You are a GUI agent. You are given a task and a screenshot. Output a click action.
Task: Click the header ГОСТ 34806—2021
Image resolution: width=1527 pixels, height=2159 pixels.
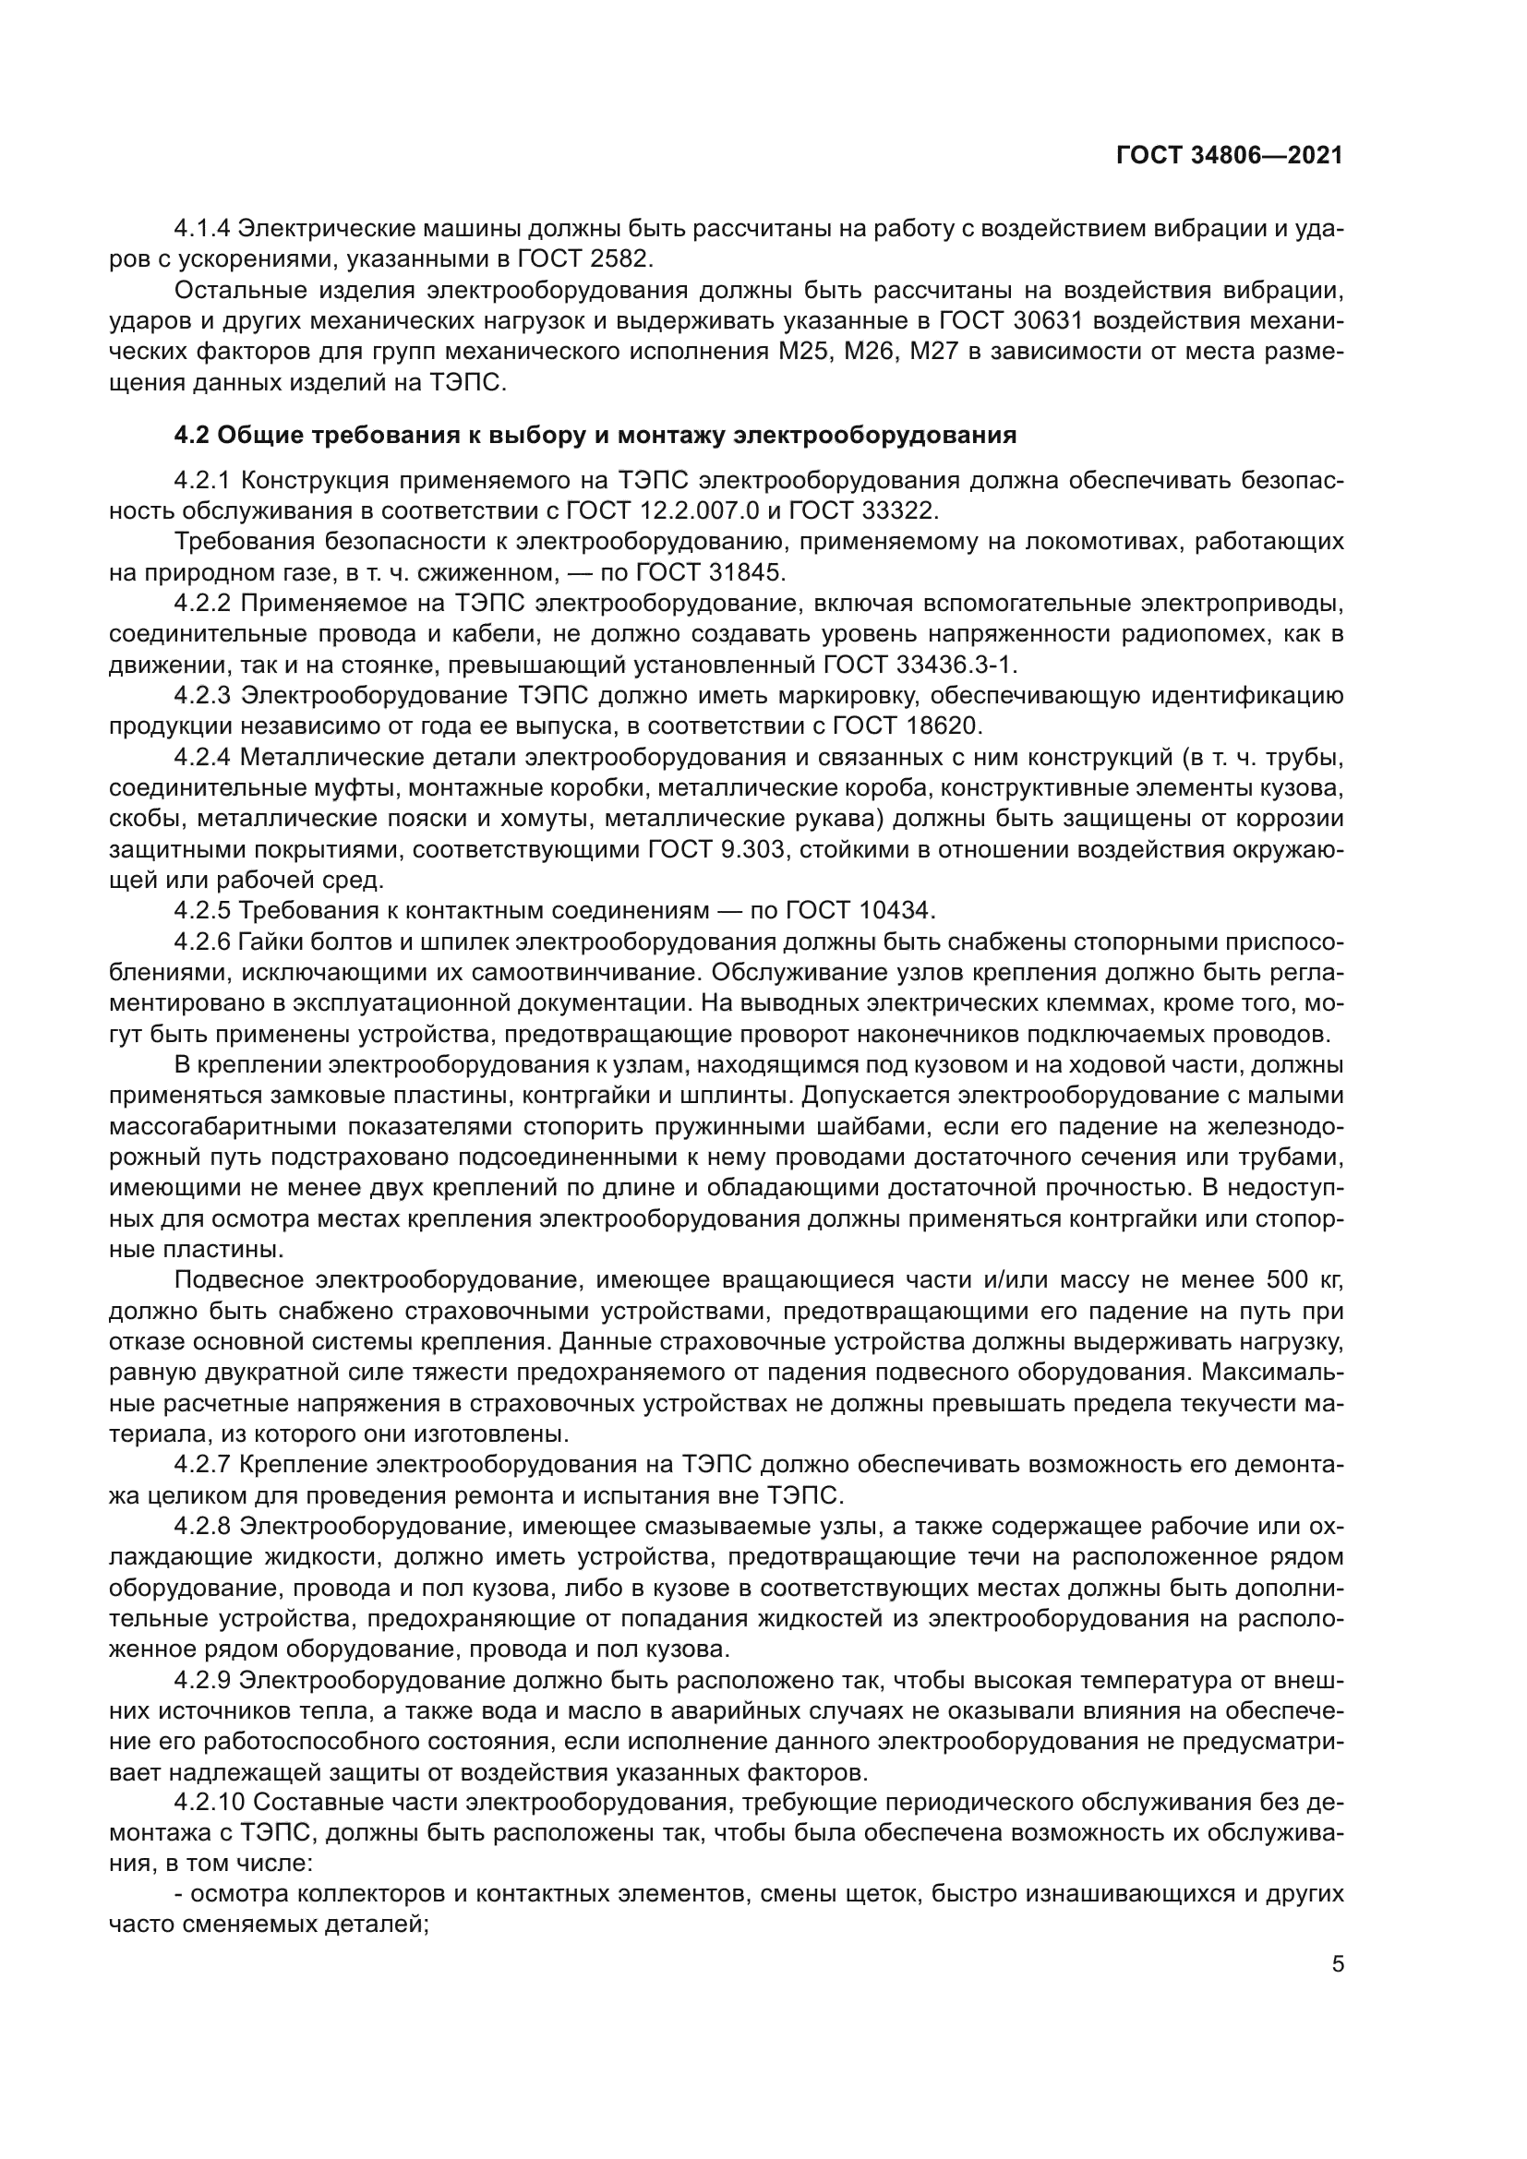tap(1229, 156)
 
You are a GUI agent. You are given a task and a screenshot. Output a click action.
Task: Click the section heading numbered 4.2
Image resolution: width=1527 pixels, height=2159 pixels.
tap(595, 436)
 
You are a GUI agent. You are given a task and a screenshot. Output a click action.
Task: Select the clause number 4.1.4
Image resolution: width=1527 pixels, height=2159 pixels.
tap(202, 229)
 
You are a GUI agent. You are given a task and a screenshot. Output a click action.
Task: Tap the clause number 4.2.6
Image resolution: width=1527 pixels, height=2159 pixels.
tap(202, 942)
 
